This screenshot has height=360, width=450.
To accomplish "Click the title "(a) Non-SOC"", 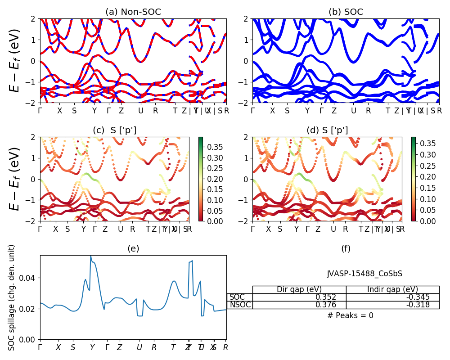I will tap(133, 12).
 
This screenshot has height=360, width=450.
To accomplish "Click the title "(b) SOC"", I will tap(346, 12).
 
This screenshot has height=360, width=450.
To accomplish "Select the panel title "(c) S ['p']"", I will tap(114, 130).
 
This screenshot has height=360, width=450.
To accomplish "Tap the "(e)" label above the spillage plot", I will tap(133, 248).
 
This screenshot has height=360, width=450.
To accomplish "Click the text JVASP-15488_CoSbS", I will tap(364, 274).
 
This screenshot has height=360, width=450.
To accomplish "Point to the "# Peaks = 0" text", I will tap(350, 315).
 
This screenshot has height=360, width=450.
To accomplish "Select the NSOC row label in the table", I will tap(240, 305).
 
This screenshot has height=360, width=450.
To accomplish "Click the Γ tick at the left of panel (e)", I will tap(40, 347).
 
